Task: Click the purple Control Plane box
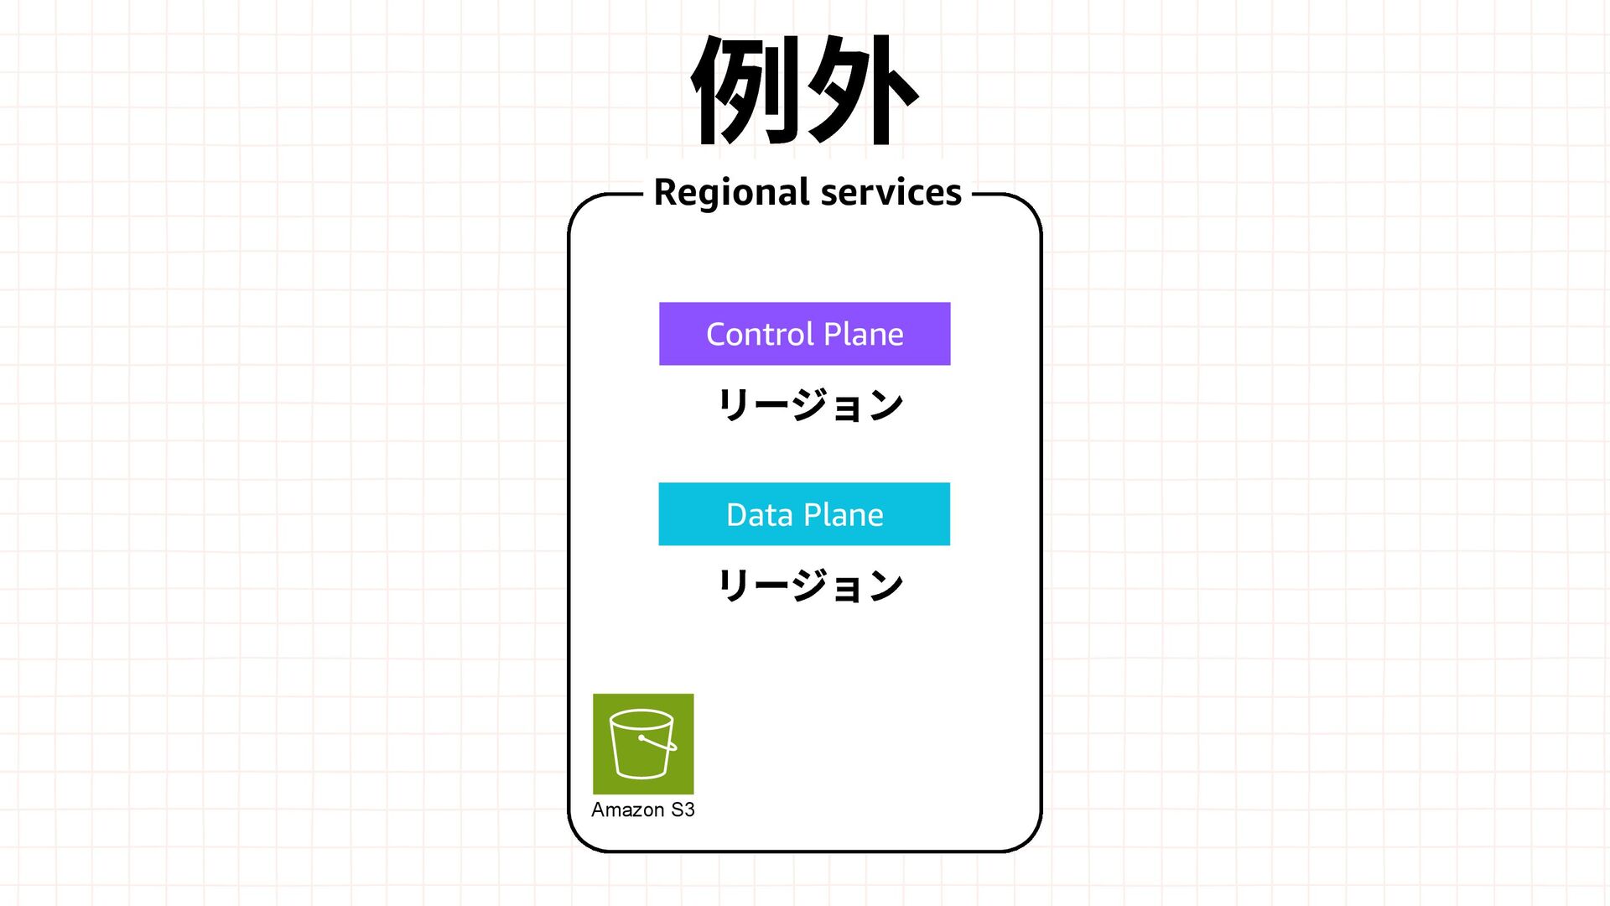804,334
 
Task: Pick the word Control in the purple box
760,334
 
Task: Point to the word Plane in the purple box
864,334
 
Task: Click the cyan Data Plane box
804,514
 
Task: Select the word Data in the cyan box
760,514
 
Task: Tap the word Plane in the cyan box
844,514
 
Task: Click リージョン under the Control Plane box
810,405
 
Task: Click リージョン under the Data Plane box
810,586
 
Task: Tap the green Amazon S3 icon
643,743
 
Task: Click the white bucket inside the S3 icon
641,745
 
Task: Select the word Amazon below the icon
627,810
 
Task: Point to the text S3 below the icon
683,810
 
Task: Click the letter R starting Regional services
665,192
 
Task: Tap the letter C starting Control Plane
717,334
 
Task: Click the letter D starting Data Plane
737,514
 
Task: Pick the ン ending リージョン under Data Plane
885,586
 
